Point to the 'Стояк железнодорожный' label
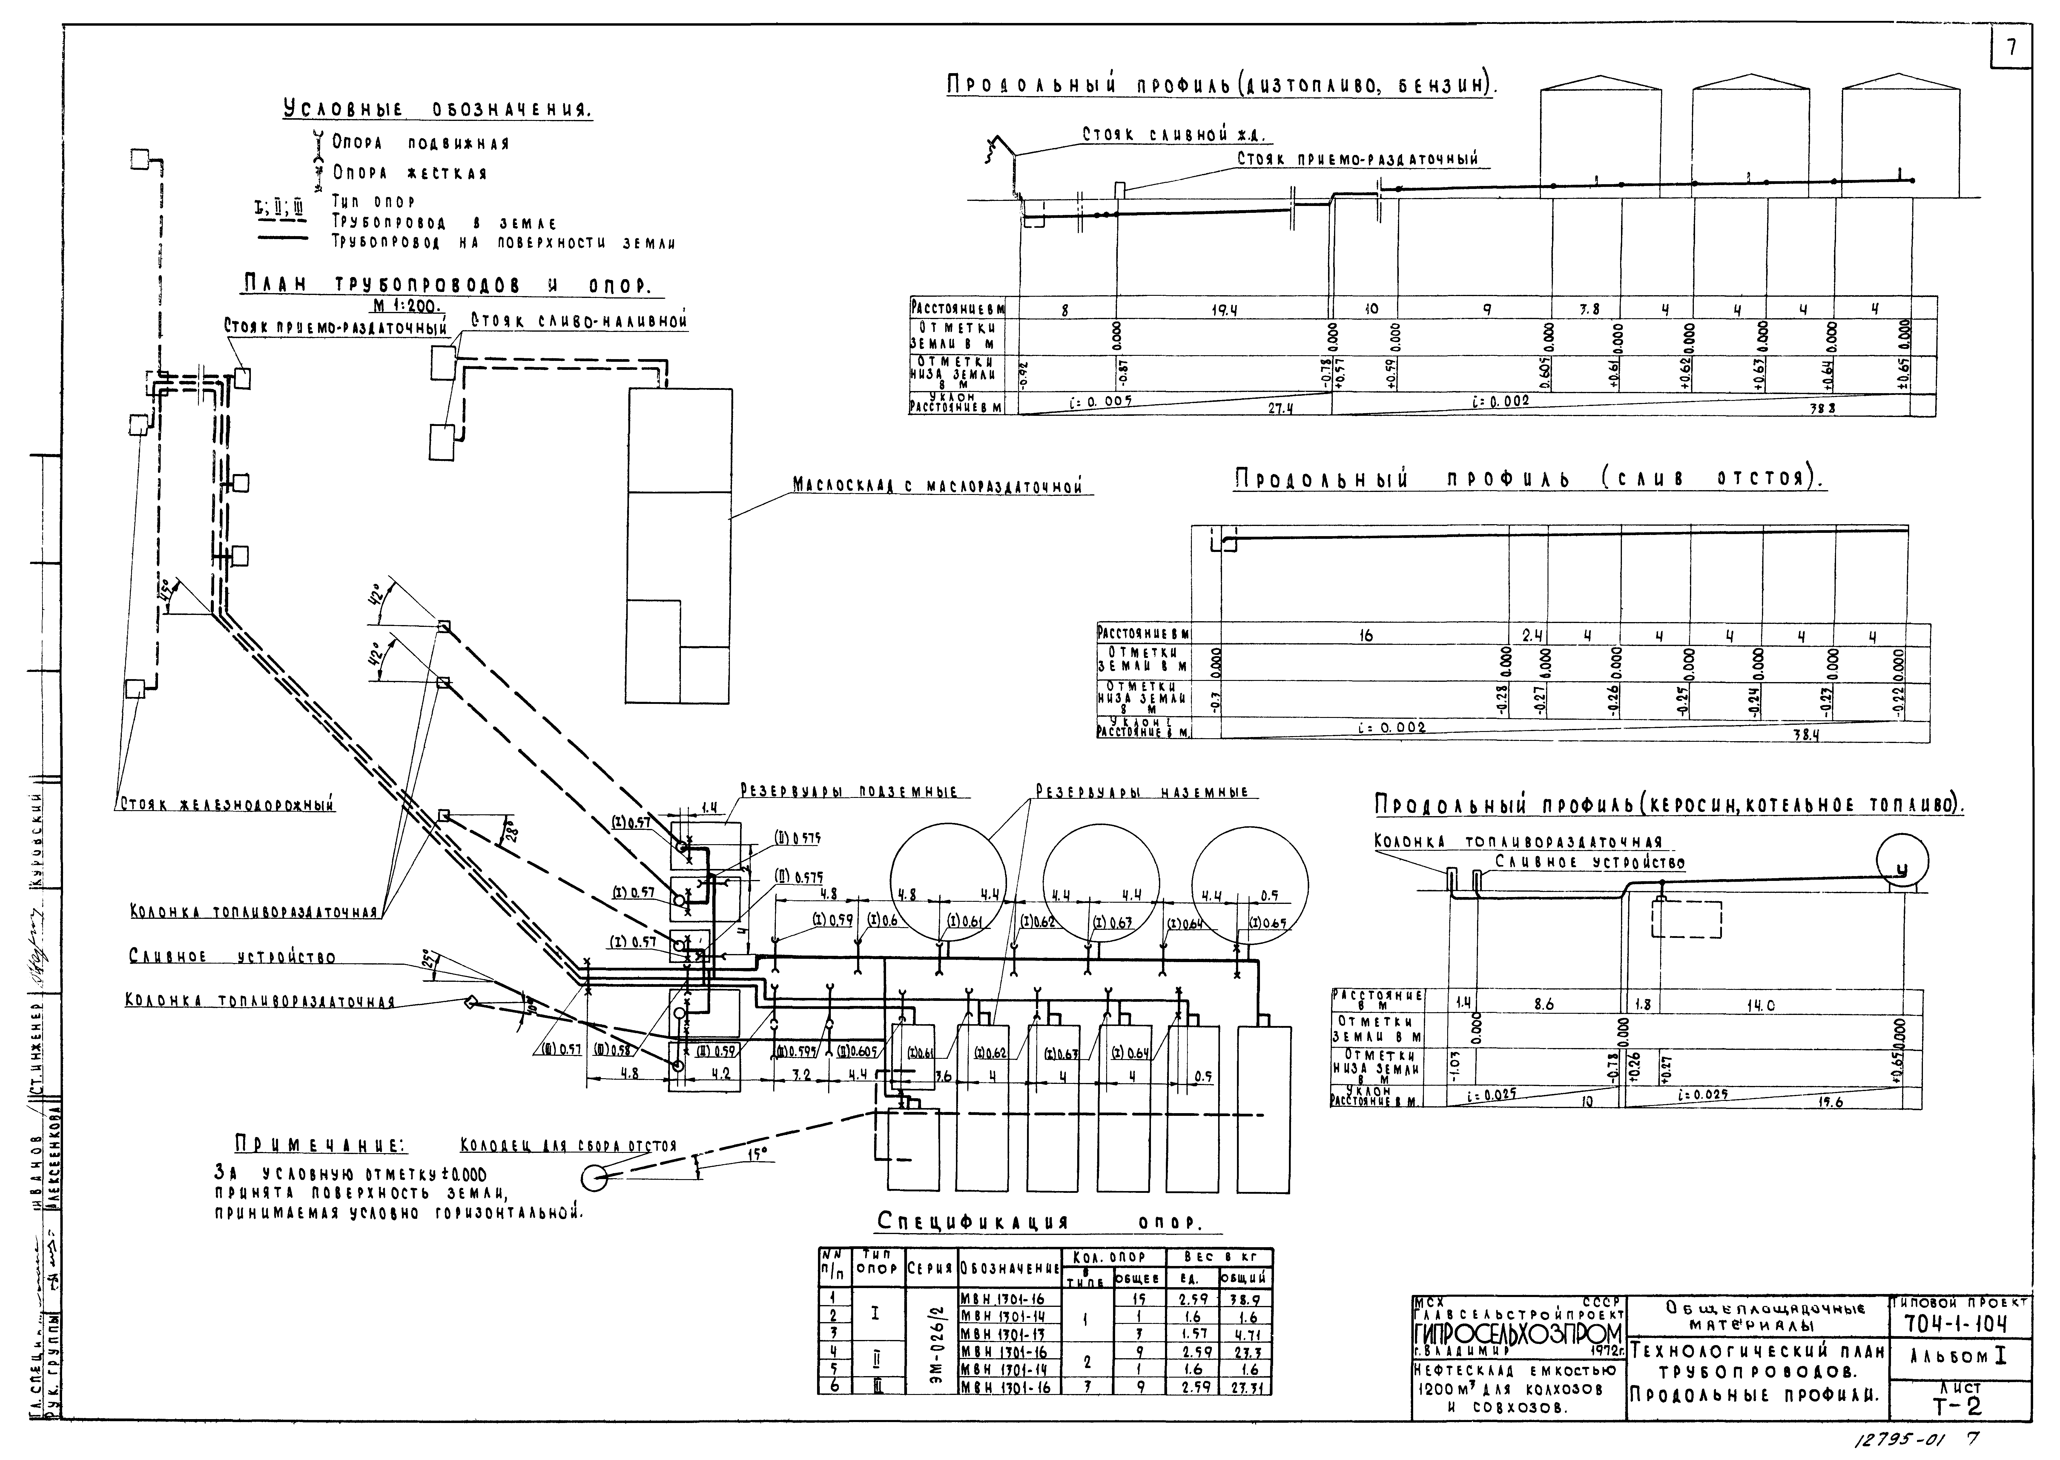(226, 805)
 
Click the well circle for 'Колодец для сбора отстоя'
(594, 1177)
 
